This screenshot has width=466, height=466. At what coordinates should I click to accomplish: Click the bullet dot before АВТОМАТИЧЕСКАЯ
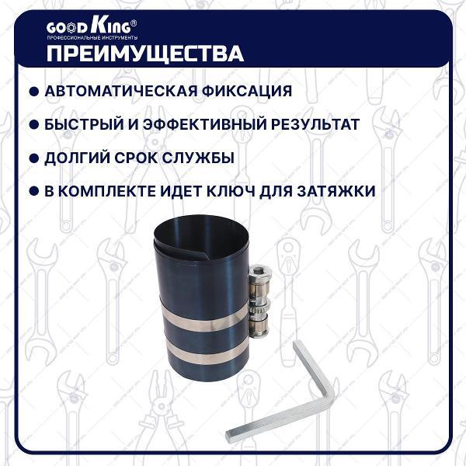point(33,92)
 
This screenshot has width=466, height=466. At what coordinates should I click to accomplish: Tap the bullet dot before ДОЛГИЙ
point(33,158)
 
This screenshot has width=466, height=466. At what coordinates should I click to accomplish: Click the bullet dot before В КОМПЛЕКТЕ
point(33,192)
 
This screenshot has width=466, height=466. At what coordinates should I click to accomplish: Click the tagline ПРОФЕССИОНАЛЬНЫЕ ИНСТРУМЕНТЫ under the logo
point(92,38)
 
